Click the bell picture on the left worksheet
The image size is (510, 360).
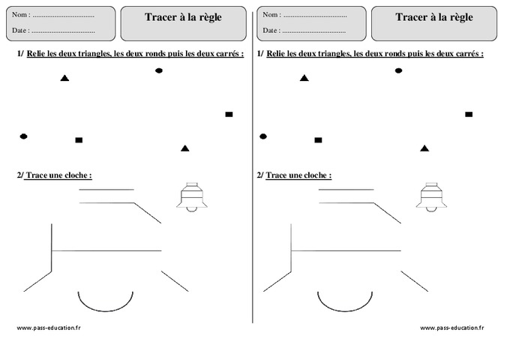191,197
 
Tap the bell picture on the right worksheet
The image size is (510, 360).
431,197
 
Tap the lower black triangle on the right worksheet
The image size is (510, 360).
425,148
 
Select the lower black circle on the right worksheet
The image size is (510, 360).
263,136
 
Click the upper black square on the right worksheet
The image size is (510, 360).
469,115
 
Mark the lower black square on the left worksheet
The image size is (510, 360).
79,140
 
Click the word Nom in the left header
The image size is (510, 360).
21,15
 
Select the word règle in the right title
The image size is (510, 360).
459,18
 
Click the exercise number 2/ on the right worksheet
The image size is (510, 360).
259,175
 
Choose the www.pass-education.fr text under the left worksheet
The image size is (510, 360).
48,328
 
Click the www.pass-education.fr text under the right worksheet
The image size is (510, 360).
451,328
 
